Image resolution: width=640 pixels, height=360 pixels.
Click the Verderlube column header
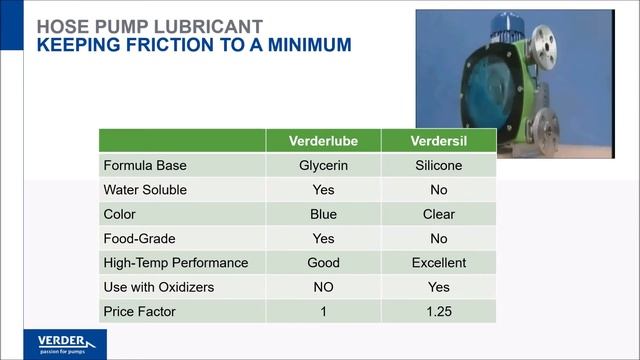coord(323,141)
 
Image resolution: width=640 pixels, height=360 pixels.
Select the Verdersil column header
coord(438,141)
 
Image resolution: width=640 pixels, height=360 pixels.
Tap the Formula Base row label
coord(145,165)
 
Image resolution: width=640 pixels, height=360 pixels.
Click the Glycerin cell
coord(323,165)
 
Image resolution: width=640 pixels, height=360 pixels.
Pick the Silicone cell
coord(438,165)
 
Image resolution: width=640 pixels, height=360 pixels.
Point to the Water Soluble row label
coord(145,189)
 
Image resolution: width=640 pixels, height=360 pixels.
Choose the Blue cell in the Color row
coord(323,214)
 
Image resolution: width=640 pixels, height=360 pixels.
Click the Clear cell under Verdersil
coord(438,214)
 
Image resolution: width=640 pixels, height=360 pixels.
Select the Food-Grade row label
coord(141,238)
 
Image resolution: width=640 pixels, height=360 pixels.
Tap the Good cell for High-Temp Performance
coord(323,263)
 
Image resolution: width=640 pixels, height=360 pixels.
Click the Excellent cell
coord(438,263)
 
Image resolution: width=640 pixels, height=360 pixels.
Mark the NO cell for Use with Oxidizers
coord(323,287)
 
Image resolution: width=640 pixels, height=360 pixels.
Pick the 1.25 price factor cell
coord(438,311)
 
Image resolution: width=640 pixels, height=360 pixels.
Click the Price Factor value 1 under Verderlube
coord(323,311)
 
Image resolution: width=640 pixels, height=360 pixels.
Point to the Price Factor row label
coord(139,311)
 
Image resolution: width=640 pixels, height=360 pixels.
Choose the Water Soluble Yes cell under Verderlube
coord(323,189)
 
